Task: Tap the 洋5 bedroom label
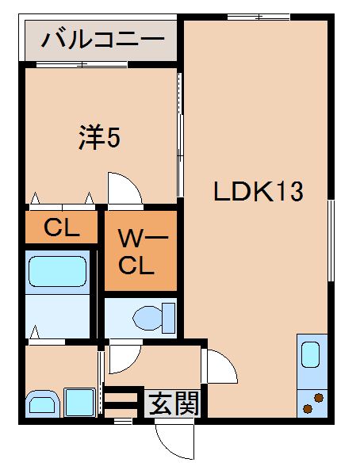click(99, 139)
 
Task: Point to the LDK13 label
click(258, 192)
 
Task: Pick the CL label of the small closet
click(62, 228)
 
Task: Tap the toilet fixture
click(151, 317)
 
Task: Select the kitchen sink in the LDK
click(310, 354)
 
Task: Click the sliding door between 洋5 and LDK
click(180, 135)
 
